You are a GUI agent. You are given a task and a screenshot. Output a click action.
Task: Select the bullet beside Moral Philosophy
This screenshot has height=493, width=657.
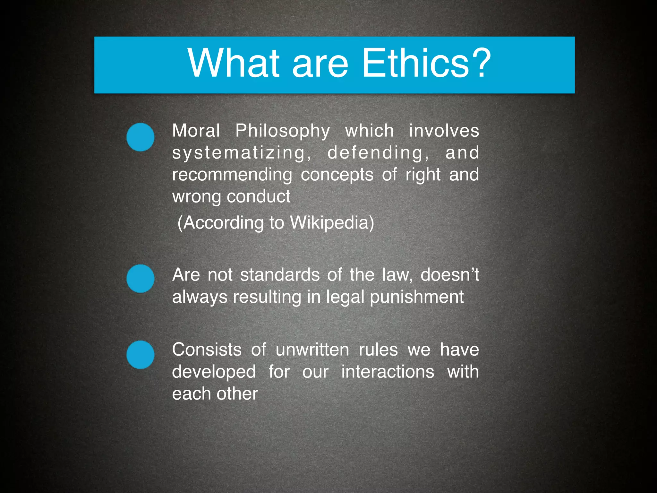pyautogui.click(x=140, y=137)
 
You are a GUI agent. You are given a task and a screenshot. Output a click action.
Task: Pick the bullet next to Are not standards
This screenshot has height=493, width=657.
pyautogui.click(x=140, y=278)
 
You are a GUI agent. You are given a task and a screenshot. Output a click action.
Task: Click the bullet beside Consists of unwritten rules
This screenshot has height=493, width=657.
pyautogui.click(x=140, y=355)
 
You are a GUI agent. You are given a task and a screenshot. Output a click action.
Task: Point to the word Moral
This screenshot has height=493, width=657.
pyautogui.click(x=196, y=131)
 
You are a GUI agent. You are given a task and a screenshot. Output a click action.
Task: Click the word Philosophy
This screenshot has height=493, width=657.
pyautogui.click(x=283, y=131)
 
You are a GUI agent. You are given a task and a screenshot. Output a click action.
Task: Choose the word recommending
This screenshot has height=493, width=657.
pyautogui.click(x=232, y=175)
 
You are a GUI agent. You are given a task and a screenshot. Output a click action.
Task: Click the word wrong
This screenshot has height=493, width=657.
pyautogui.click(x=196, y=197)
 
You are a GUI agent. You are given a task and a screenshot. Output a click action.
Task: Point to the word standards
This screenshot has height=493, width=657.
pyautogui.click(x=280, y=275)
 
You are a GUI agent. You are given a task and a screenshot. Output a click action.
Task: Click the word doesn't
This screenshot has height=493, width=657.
pyautogui.click(x=449, y=275)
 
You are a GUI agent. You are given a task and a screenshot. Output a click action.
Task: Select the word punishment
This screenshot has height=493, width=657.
pyautogui.click(x=417, y=297)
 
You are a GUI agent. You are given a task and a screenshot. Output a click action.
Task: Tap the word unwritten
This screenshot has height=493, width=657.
pyautogui.click(x=312, y=350)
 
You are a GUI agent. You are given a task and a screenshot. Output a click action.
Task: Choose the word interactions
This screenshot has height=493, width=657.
pyautogui.click(x=388, y=372)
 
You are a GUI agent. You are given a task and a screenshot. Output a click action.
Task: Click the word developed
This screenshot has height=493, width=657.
pyautogui.click(x=214, y=372)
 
